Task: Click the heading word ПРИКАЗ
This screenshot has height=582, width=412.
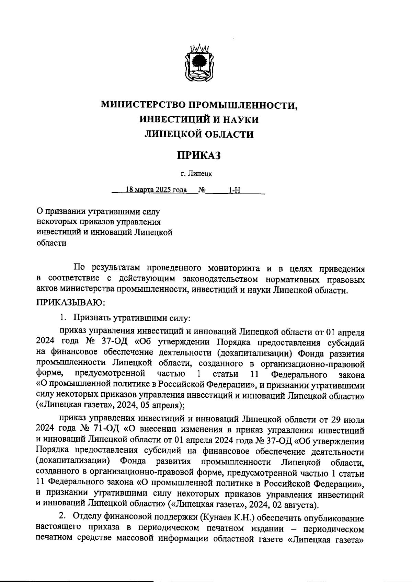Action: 198,155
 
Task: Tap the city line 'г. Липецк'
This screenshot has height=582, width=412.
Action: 197,174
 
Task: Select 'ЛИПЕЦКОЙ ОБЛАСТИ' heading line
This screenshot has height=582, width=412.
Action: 199,134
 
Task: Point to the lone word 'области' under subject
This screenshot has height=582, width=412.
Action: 51,243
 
